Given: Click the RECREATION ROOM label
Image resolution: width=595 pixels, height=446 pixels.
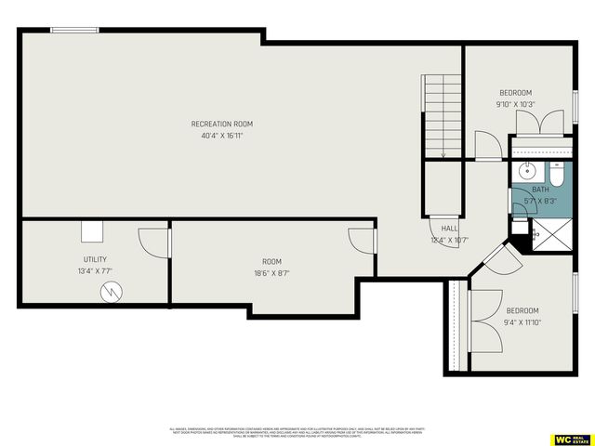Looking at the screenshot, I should pyautogui.click(x=221, y=124).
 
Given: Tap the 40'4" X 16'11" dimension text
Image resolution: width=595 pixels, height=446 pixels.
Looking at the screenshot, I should pyautogui.click(x=221, y=136).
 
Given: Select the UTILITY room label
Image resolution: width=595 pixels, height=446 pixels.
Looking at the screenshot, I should pyautogui.click(x=95, y=259).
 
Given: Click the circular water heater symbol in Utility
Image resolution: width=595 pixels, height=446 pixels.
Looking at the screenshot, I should pyautogui.click(x=111, y=293).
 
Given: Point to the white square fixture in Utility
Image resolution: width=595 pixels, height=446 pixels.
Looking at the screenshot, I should pyautogui.click(x=92, y=231).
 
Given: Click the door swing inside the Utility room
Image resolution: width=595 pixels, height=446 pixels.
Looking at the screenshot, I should pyautogui.click(x=152, y=242).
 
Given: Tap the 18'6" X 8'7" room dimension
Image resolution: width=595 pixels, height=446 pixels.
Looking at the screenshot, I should pyautogui.click(x=271, y=273).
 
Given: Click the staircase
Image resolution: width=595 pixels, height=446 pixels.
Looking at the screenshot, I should pyautogui.click(x=443, y=116).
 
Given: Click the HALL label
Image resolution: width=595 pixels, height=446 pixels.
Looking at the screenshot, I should pyautogui.click(x=449, y=228).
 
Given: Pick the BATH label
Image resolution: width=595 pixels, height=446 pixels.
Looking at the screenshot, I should pyautogui.click(x=540, y=190).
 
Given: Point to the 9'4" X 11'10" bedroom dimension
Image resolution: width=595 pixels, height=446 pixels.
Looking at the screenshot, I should pyautogui.click(x=522, y=322).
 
